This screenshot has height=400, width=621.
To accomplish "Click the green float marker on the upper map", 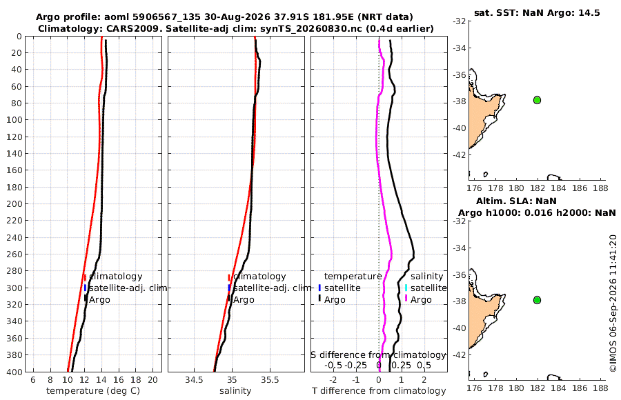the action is click(537, 100).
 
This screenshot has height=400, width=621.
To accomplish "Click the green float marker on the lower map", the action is click(537, 300).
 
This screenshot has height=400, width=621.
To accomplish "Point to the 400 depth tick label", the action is click(14, 372).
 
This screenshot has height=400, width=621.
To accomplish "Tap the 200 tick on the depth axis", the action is click(14, 203).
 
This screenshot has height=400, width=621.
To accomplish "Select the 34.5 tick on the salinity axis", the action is click(194, 380).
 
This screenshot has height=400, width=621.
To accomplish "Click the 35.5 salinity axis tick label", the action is click(270, 380).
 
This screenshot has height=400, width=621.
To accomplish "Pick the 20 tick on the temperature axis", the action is click(153, 380).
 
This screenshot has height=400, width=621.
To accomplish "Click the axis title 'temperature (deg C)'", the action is click(93, 391).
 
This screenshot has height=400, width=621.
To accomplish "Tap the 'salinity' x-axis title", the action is click(235, 391).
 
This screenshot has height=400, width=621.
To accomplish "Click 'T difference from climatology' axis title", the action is click(379, 391).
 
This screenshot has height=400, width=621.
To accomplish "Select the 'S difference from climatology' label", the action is click(379, 355).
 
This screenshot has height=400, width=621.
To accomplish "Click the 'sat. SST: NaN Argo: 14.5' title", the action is click(537, 12).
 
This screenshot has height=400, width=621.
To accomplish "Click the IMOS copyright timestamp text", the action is click(613, 303).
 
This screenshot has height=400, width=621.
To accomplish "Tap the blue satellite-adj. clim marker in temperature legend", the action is click(85, 288).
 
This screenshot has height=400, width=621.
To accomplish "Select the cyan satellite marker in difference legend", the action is click(406, 288).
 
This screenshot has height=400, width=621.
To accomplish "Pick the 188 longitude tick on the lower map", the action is click(601, 388).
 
